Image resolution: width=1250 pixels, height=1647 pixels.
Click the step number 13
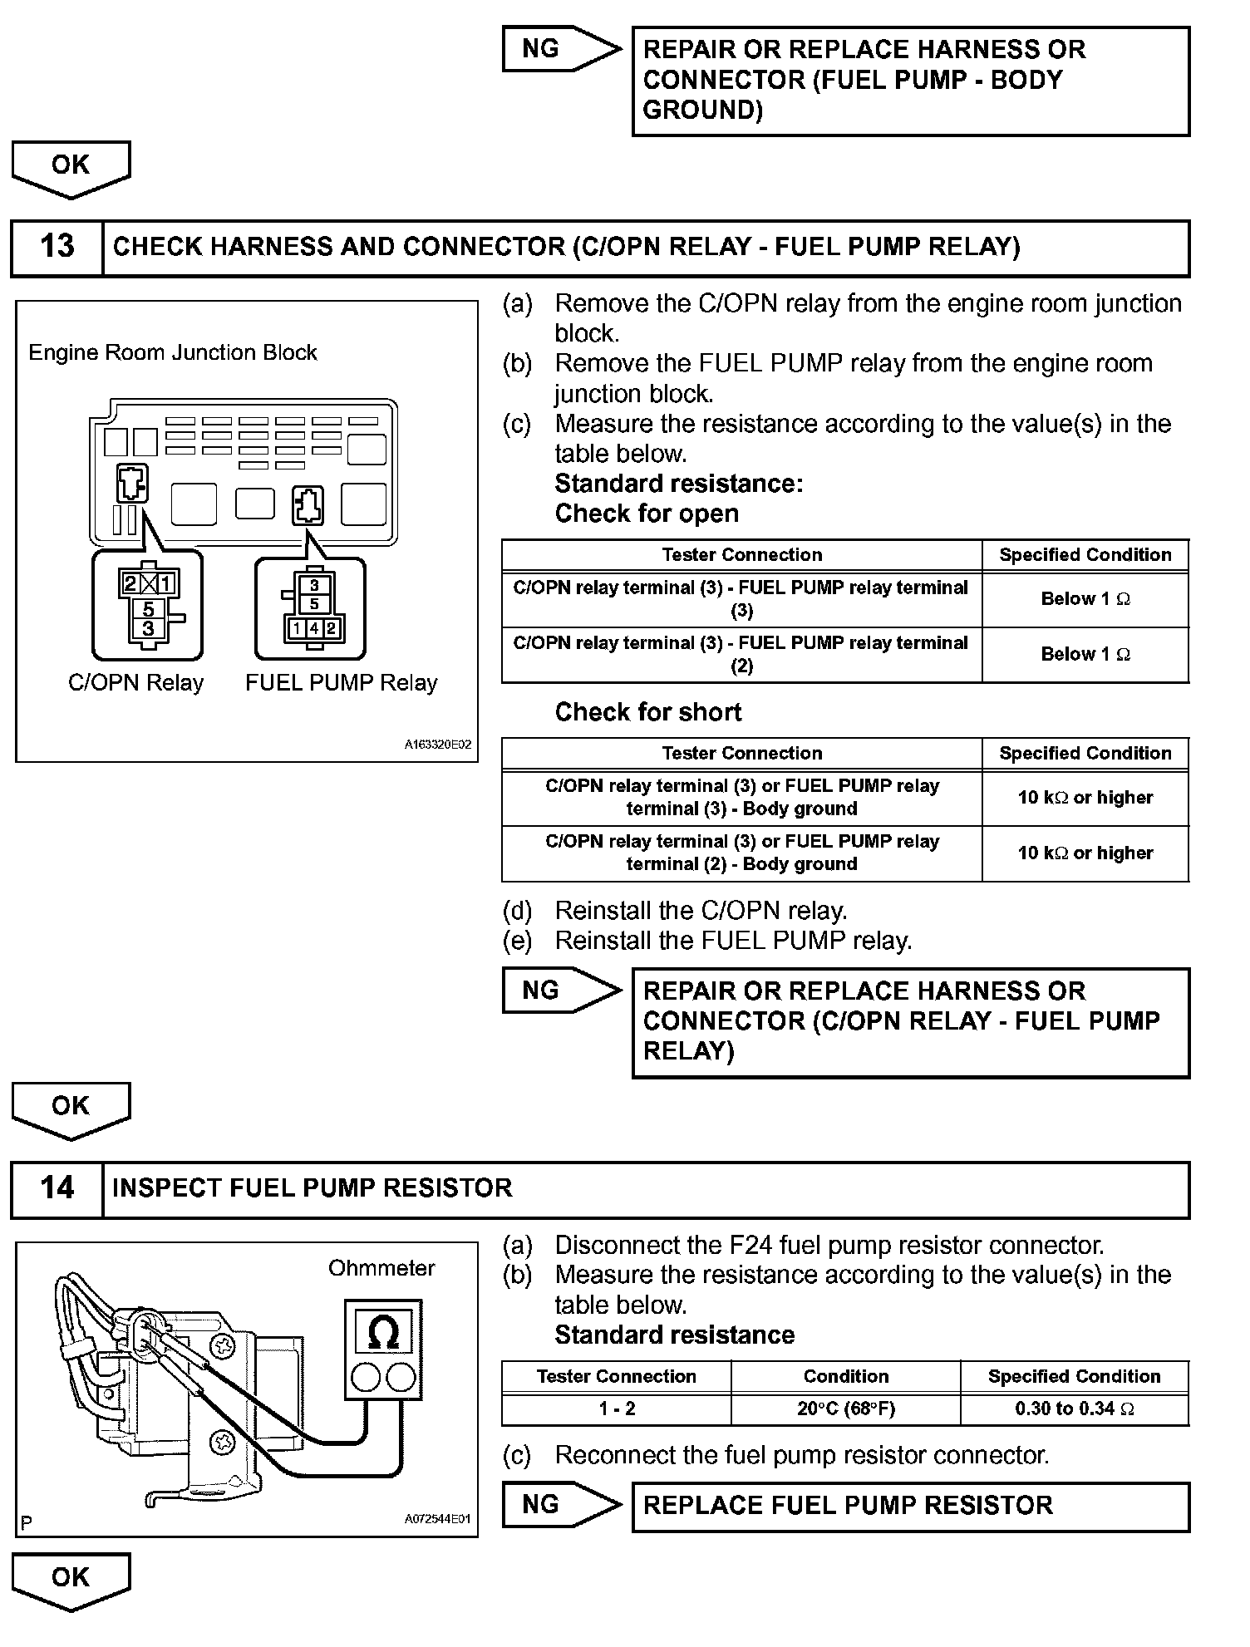(x=57, y=247)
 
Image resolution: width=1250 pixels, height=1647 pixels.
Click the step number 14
(x=57, y=1188)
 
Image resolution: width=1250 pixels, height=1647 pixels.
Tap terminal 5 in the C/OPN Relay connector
(x=148, y=609)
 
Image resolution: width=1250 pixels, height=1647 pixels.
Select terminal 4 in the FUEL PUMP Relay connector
(x=314, y=629)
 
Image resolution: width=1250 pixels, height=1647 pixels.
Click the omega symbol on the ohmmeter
(x=382, y=1333)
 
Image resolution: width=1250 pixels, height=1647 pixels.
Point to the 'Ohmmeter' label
(x=381, y=1268)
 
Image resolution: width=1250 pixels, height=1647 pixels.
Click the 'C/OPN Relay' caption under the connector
(x=135, y=683)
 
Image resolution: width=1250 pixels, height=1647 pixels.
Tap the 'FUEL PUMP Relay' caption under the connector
(x=341, y=683)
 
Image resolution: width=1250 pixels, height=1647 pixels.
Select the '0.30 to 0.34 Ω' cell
(x=1074, y=1409)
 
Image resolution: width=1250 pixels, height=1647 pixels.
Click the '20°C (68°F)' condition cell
(x=845, y=1409)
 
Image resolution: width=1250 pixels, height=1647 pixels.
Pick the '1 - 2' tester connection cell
(x=617, y=1409)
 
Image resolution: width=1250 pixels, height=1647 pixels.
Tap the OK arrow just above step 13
(x=71, y=167)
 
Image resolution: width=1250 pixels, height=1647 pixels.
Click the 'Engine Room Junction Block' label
(x=173, y=352)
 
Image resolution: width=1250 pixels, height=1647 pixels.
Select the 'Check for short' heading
(x=647, y=712)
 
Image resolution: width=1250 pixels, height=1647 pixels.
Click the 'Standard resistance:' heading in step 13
(x=678, y=484)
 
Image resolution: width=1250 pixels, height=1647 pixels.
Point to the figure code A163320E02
(x=437, y=745)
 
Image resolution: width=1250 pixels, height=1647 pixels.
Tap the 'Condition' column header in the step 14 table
(x=845, y=1376)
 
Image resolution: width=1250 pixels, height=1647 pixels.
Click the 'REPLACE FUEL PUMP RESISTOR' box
(x=910, y=1506)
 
